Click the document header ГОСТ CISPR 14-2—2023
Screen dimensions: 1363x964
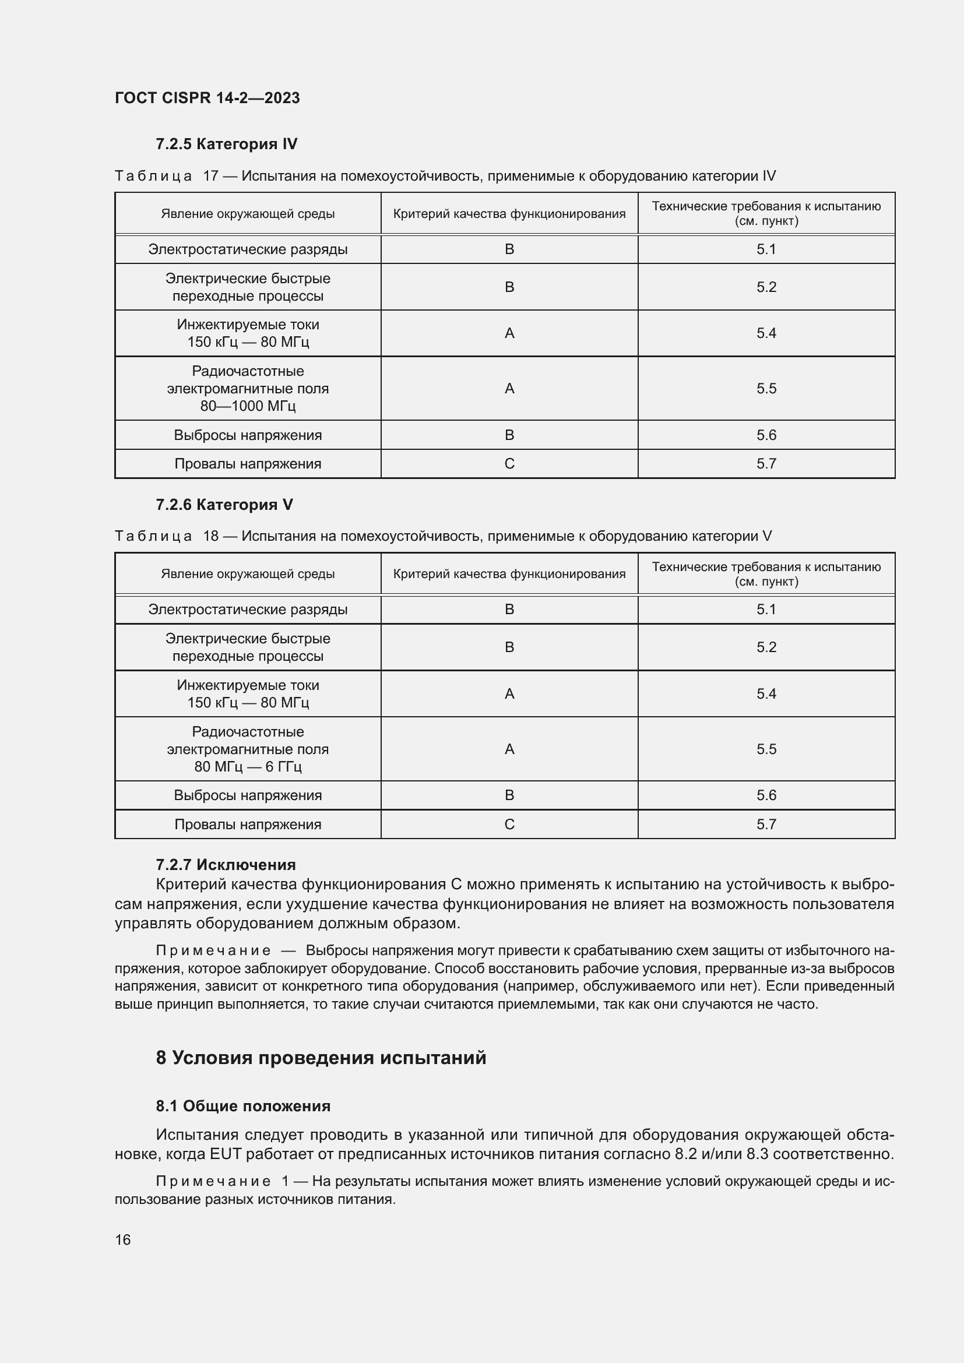(x=207, y=98)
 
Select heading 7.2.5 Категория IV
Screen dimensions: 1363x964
(x=226, y=144)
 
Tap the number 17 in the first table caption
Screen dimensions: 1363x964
(x=211, y=176)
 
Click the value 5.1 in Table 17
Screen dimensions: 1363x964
(x=766, y=249)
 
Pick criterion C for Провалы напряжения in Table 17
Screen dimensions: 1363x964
(x=509, y=464)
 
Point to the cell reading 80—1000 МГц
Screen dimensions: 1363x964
(x=248, y=406)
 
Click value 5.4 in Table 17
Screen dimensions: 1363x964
(x=766, y=333)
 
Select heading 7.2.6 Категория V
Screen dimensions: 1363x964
(x=224, y=505)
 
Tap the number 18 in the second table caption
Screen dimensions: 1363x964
(x=211, y=536)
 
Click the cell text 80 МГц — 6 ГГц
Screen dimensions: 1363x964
(x=248, y=766)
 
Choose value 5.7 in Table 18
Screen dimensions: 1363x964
(x=766, y=824)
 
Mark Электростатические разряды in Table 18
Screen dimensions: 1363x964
(x=248, y=610)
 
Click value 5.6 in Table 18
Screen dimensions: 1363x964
(x=766, y=795)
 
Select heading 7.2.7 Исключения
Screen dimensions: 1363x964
(x=226, y=864)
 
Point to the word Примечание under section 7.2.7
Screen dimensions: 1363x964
(x=213, y=950)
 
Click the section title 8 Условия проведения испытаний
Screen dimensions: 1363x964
(x=321, y=1058)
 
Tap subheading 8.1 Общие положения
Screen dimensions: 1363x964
(x=243, y=1106)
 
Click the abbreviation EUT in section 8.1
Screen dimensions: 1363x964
(x=224, y=1154)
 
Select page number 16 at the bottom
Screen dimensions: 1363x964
(x=122, y=1239)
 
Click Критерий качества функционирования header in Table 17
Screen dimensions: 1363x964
(x=509, y=214)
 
